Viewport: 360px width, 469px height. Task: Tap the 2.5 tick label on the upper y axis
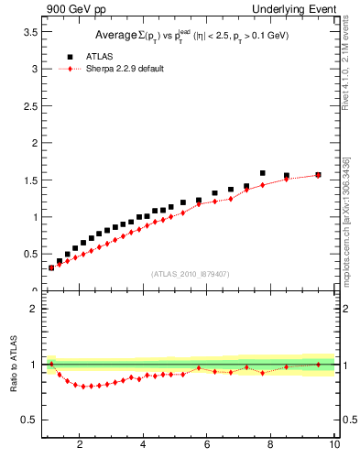[29, 106]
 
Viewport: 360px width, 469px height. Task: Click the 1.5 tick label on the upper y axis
[29, 180]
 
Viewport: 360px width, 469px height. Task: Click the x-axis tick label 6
[207, 445]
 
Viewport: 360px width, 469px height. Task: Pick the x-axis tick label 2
[81, 445]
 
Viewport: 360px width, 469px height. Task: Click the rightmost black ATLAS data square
[318, 174]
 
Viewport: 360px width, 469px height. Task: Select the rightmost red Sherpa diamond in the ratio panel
[318, 365]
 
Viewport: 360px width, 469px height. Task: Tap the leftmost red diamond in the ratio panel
[51, 364]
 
